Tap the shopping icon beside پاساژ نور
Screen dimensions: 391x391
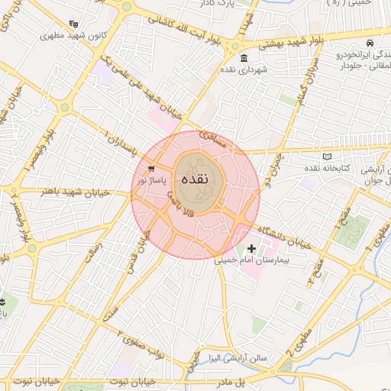tap(151, 169)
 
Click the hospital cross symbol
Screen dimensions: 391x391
tap(252, 248)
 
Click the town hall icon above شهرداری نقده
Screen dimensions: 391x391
tap(244, 59)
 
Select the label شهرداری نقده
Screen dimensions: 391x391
tap(244, 70)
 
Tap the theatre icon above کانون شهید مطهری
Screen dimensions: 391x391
tap(73, 24)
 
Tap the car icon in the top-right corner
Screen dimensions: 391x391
tap(370, 44)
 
